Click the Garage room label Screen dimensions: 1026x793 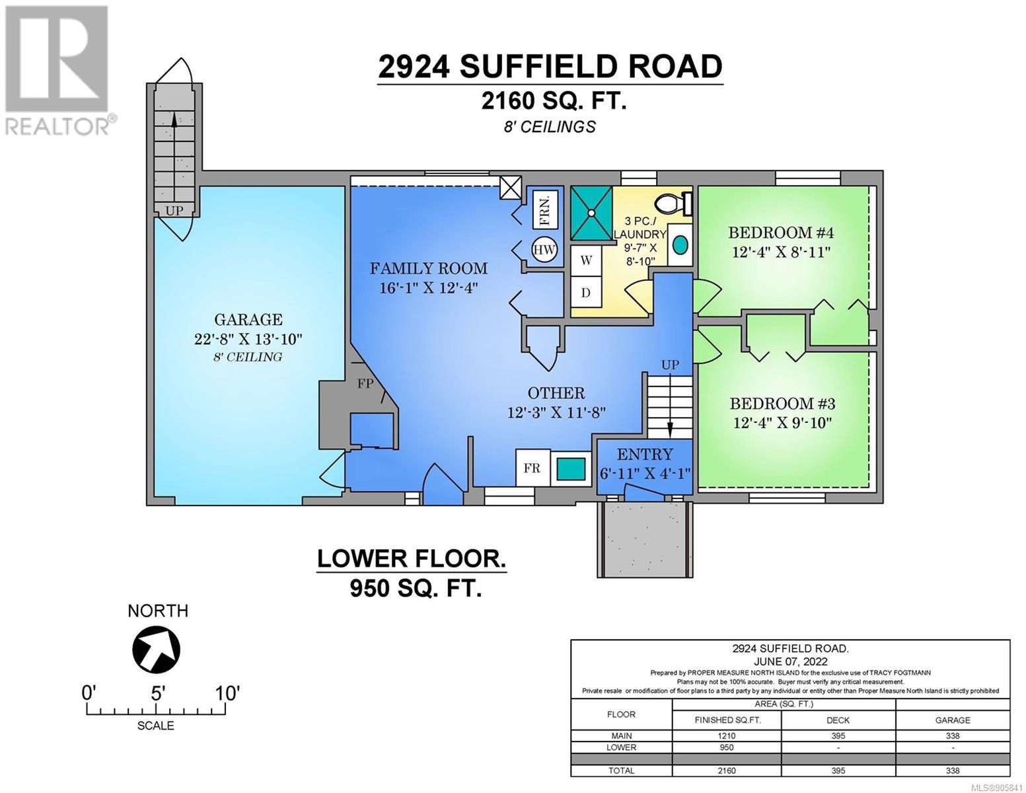click(248, 320)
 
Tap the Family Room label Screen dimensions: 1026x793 click(428, 268)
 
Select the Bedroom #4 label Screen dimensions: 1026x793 click(781, 233)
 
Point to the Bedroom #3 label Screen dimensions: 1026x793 click(782, 403)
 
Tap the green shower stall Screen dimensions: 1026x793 click(591, 213)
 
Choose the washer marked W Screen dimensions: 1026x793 click(586, 260)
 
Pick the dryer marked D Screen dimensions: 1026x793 click(586, 292)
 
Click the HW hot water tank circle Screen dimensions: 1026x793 click(544, 249)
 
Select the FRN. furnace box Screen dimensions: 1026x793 click(545, 209)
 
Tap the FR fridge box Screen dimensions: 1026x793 click(532, 468)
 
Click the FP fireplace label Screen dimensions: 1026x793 click(365, 383)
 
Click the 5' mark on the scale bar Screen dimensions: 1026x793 click(157, 694)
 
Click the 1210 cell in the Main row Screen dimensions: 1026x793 click(727, 736)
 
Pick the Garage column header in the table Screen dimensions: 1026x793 click(953, 720)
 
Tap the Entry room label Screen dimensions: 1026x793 click(645, 454)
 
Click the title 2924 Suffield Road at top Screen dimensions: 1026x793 click(550, 66)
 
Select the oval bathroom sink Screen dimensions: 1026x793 click(680, 245)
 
